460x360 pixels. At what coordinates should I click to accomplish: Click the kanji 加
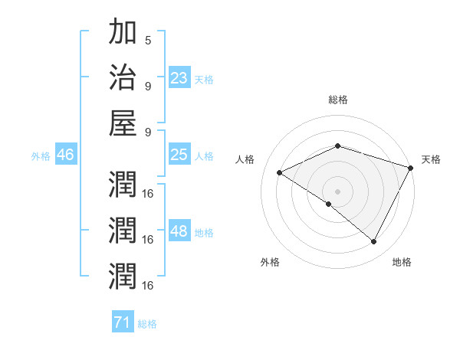point(123,34)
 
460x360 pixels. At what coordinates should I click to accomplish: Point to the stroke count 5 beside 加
point(147,41)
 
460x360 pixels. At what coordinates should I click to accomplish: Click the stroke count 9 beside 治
point(147,85)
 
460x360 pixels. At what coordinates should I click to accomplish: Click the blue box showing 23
point(179,77)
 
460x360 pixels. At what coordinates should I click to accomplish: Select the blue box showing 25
point(179,155)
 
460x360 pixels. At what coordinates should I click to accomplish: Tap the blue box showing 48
point(179,232)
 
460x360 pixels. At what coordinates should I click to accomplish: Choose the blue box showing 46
point(65,155)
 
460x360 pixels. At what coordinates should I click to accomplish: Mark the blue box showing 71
point(122,323)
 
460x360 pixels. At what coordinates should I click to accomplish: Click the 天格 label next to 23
point(204,79)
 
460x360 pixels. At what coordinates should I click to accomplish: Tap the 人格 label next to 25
point(204,155)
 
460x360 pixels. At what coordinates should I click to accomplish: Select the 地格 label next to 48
point(204,233)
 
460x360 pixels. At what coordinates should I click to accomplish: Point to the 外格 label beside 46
point(41,156)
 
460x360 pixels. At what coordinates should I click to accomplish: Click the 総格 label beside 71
point(147,324)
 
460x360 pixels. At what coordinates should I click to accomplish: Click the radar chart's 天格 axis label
point(431,159)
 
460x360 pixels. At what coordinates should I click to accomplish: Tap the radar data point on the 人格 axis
point(280,172)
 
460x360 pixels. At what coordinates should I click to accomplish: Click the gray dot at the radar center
point(337,191)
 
